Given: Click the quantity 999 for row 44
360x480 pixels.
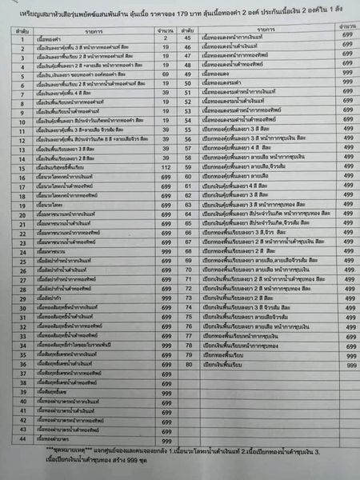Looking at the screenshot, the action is coord(166,440).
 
